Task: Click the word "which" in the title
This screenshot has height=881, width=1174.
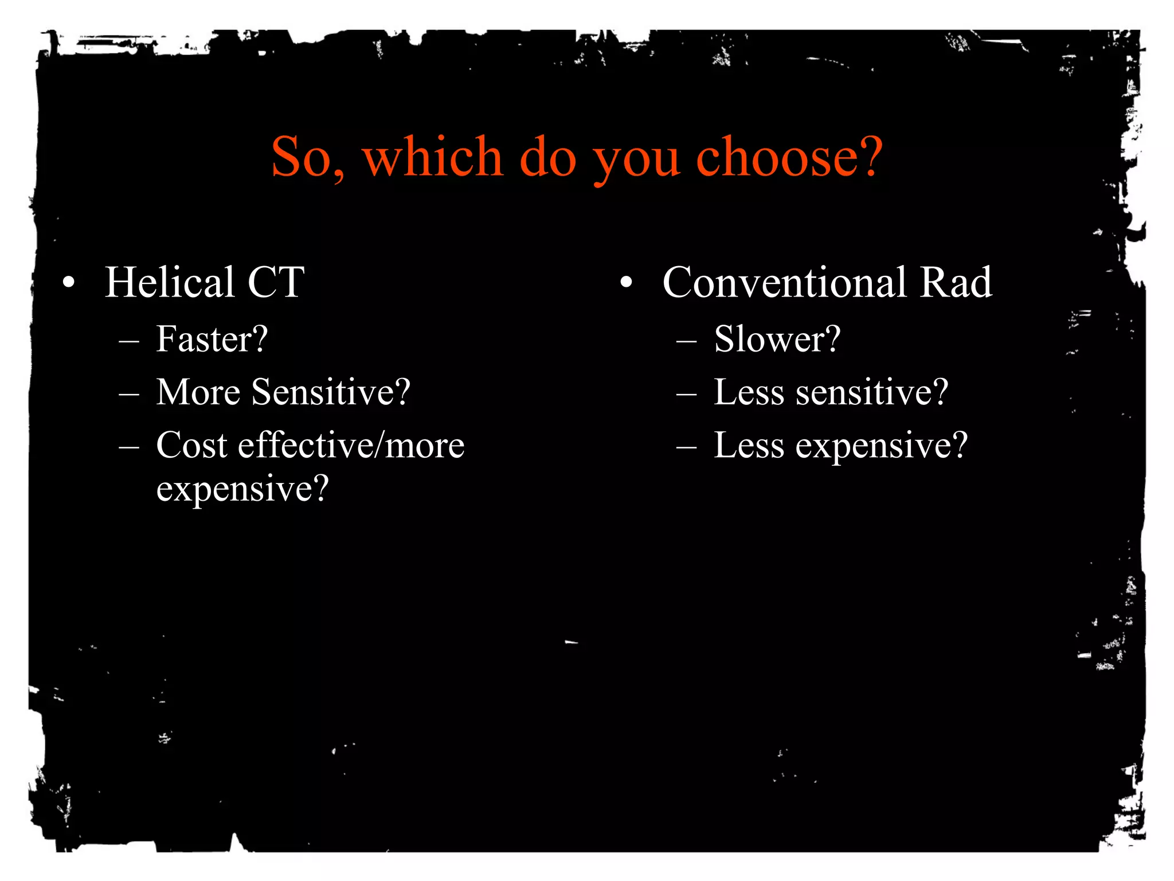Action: pos(433,157)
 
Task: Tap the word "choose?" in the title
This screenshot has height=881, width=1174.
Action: pos(789,157)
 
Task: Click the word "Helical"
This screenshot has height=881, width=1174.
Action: pos(170,282)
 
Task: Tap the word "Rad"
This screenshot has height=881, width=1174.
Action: pos(956,282)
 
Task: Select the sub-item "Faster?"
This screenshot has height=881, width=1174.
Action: pos(212,339)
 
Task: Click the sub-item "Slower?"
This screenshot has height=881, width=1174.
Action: pos(777,339)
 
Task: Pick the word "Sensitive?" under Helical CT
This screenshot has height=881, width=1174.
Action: pos(331,392)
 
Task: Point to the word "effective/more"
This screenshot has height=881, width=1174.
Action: pos(351,445)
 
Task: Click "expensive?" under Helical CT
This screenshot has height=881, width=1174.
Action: pos(242,489)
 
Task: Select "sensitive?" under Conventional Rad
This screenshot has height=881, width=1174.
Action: pos(872,392)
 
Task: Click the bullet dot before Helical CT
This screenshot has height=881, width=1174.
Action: pos(69,282)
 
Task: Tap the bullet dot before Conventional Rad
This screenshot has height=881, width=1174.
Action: pos(626,282)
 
